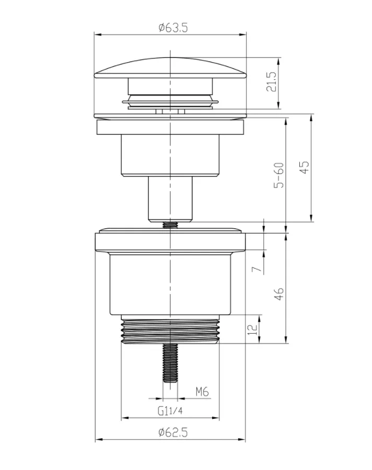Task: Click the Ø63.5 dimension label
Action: [173, 28]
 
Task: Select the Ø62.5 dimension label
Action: [173, 432]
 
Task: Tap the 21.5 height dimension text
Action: [271, 81]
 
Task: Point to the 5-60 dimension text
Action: [278, 175]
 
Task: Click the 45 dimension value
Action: [304, 168]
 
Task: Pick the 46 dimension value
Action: [278, 294]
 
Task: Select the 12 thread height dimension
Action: [253, 329]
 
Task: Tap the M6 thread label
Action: [202, 392]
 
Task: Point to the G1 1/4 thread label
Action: [170, 410]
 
